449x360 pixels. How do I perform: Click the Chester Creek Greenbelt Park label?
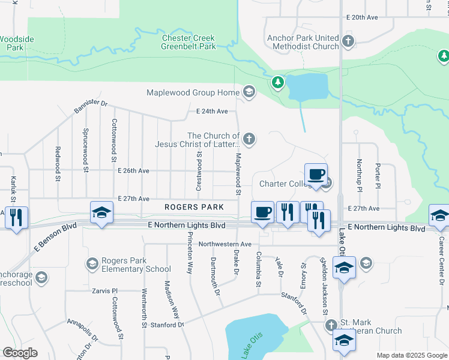coord(188,42)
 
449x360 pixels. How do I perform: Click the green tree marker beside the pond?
coord(277,82)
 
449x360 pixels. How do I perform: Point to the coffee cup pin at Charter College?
coord(316,175)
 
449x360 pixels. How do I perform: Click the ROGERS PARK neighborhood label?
coord(194,207)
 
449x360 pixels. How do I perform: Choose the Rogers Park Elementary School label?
coord(136,265)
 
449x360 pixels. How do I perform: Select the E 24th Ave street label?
coord(212,112)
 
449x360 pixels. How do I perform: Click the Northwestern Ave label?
coord(225,244)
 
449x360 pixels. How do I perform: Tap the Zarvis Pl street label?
coord(103,290)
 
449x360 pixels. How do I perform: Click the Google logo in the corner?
coord(20,353)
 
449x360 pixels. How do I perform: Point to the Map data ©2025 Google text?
coord(411,355)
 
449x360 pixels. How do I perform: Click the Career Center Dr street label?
coord(441,255)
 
